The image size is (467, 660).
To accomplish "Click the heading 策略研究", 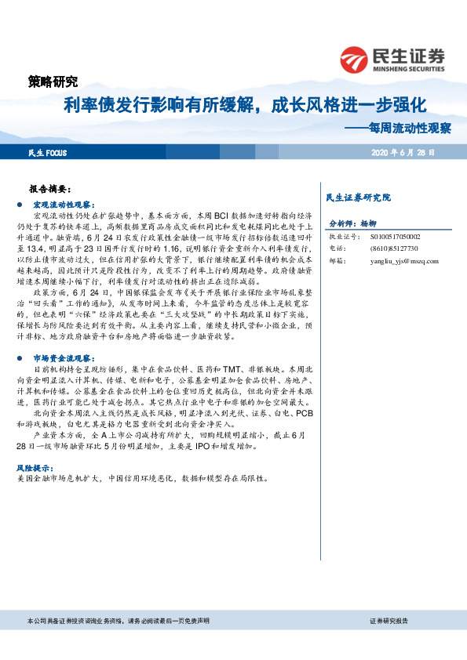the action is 53,81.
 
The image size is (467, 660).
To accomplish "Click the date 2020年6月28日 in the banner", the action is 403,153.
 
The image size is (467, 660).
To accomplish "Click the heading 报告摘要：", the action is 49,190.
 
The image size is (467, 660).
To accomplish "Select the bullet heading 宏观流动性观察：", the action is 64,203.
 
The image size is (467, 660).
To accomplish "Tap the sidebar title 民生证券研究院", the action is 357,197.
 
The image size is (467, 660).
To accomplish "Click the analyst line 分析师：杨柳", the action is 353,223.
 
